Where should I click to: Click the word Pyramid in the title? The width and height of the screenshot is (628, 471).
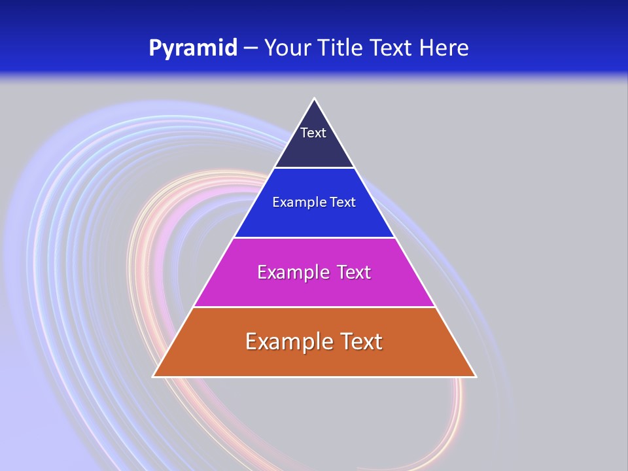[x=192, y=48]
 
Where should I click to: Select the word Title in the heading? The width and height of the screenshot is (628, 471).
[x=343, y=48]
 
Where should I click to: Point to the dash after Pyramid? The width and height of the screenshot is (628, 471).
[x=251, y=48]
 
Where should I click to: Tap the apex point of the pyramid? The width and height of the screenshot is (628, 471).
[x=315, y=99]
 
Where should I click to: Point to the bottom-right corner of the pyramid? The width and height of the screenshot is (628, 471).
[x=475, y=375]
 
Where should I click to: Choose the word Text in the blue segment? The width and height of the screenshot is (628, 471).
[x=343, y=202]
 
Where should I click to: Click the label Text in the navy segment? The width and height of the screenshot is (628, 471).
[x=313, y=133]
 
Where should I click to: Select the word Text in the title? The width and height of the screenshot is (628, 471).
[x=392, y=48]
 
